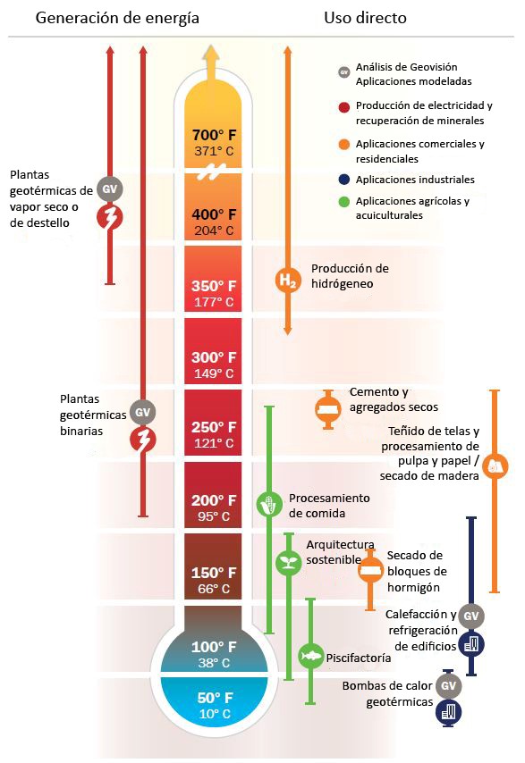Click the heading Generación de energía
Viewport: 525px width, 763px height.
click(117, 18)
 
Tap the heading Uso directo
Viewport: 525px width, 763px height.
click(365, 18)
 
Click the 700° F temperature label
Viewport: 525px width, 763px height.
click(214, 134)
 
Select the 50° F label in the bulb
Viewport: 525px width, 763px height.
click(215, 697)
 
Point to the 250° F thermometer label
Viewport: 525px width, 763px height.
click(214, 427)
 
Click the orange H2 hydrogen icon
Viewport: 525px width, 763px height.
click(288, 281)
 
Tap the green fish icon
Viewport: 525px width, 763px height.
click(310, 656)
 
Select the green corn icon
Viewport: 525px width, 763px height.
click(269, 504)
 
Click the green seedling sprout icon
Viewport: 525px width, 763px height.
click(289, 563)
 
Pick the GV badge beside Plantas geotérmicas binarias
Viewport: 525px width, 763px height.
click(143, 412)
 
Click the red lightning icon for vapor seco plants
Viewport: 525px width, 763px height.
click(110, 217)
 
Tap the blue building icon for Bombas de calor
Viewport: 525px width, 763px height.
click(448, 712)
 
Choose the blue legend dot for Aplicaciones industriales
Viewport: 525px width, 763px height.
click(344, 180)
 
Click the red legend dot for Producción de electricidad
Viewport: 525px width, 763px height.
click(344, 107)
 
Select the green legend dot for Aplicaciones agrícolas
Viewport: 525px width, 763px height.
click(344, 201)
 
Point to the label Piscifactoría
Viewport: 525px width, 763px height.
click(359, 658)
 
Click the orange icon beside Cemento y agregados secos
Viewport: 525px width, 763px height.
click(328, 409)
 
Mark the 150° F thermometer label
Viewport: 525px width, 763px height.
click(214, 572)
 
